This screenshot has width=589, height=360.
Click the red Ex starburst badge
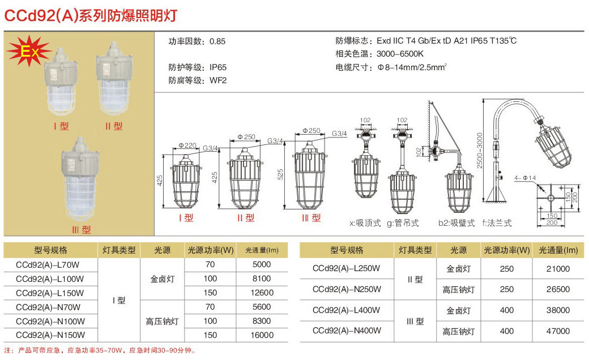click(x=29, y=51)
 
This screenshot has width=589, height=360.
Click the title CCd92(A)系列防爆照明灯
click(x=91, y=15)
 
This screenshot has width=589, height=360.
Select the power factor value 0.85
click(x=217, y=41)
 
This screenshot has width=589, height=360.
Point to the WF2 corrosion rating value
click(x=218, y=80)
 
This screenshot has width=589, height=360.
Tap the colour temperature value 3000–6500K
click(x=400, y=54)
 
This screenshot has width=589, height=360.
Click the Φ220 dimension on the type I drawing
click(x=187, y=145)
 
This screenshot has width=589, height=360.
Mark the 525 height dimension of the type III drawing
click(x=280, y=174)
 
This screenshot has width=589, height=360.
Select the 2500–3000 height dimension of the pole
click(x=480, y=150)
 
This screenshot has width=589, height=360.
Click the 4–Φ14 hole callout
click(x=525, y=178)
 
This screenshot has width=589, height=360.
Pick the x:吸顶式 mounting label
click(x=365, y=223)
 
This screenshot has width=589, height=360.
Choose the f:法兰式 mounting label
click(x=497, y=223)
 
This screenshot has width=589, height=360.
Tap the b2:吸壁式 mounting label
click(x=456, y=223)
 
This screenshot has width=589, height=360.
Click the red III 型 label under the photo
click(x=82, y=229)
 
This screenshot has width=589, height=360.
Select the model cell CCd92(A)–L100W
click(x=50, y=279)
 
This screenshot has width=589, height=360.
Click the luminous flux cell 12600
click(x=262, y=293)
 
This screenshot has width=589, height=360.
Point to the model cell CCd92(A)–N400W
click(x=347, y=331)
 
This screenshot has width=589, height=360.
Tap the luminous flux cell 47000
click(x=558, y=331)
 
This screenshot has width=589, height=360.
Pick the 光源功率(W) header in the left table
click(x=211, y=250)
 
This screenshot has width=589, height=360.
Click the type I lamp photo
click(x=61, y=80)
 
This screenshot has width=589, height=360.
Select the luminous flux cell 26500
click(x=558, y=289)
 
